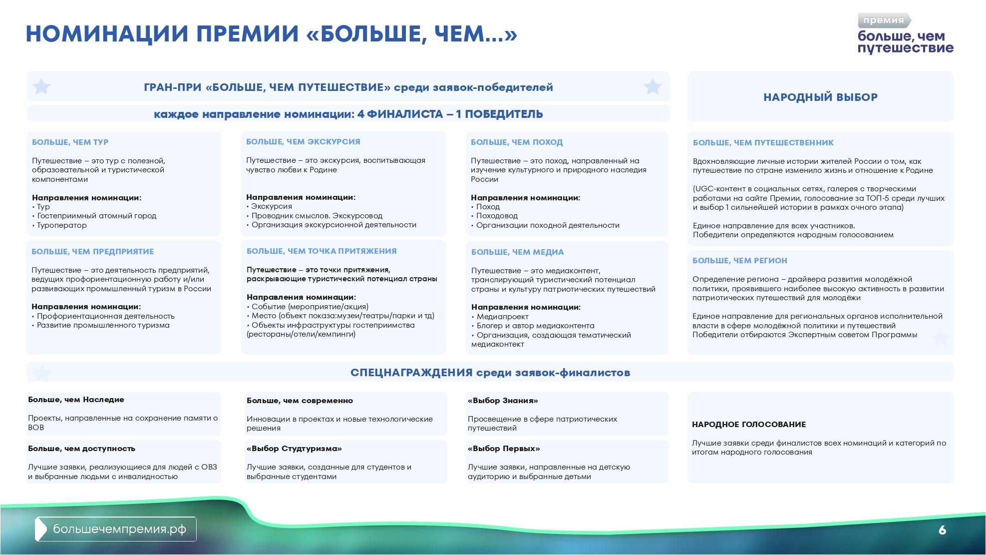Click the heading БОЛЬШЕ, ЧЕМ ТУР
[70, 142]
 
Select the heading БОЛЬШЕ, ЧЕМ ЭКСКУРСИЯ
[303, 142]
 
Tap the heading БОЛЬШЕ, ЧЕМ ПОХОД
[517, 142]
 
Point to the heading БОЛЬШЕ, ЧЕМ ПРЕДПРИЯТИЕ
[93, 252]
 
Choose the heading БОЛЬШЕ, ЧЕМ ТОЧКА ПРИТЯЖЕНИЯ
[322, 251]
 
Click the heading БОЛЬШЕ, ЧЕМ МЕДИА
[517, 252]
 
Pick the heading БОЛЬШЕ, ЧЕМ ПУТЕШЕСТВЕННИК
[763, 143]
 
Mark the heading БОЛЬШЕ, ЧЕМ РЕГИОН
[739, 261]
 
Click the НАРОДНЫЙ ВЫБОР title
[820, 97]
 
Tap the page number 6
[942, 530]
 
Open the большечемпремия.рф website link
[119, 529]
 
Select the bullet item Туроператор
[62, 225]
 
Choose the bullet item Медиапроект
[502, 317]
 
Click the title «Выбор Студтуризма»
[294, 449]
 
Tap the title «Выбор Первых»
[504, 449]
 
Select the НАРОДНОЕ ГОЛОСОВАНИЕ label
[749, 425]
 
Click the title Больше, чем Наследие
[76, 400]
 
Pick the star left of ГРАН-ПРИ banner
[41, 87]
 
